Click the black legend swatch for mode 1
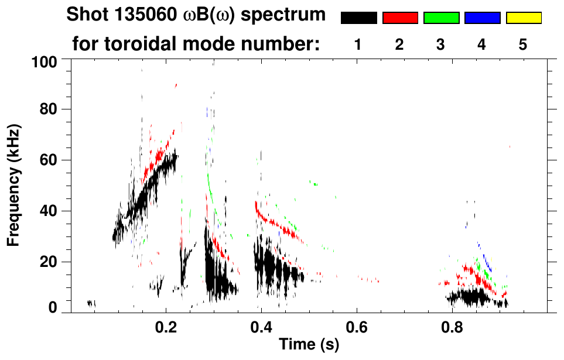[358, 18]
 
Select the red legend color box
[400, 18]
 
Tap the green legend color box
[441, 18]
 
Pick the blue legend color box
[482, 18]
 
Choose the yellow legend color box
[524, 18]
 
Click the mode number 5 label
[523, 44]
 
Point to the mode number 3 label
[440, 44]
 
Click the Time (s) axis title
[308, 345]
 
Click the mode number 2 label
[399, 44]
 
